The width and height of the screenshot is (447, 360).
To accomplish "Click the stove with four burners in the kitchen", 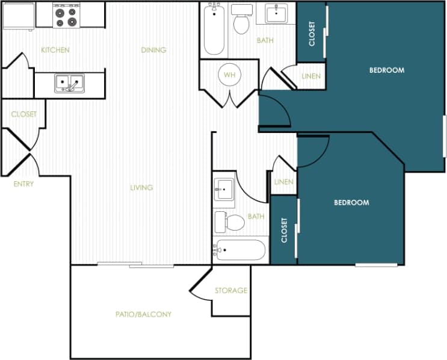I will (x=66, y=16).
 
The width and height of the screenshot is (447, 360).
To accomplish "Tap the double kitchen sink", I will (x=70, y=83).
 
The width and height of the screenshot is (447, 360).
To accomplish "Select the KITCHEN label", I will (x=55, y=50).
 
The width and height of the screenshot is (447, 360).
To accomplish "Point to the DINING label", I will (x=153, y=50).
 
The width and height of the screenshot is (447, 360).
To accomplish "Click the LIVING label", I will (x=141, y=188).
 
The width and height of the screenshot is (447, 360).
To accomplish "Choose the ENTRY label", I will (x=23, y=184).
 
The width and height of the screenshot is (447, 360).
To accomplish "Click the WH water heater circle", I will (x=229, y=75).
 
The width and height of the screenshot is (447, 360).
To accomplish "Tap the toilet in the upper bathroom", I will (x=242, y=21).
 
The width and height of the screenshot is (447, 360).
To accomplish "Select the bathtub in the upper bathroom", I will (x=214, y=29).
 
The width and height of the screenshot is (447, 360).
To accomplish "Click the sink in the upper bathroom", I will (x=276, y=14).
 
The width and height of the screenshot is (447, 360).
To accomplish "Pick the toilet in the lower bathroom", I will (x=230, y=222).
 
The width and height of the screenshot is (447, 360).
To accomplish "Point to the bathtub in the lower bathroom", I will (x=241, y=250).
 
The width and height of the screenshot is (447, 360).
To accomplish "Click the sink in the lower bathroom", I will (x=224, y=189).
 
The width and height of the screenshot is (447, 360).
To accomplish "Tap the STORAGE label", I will (x=231, y=291).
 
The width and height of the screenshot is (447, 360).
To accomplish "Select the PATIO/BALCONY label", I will (x=144, y=314).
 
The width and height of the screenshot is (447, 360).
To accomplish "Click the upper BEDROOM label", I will (x=386, y=70).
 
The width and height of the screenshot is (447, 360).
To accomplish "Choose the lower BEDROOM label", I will (x=351, y=203).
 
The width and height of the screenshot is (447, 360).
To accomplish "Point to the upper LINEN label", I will (x=310, y=76).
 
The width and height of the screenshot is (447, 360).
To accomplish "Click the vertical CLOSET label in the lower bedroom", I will (x=284, y=230).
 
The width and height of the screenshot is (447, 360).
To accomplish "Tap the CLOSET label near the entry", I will (x=23, y=114).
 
